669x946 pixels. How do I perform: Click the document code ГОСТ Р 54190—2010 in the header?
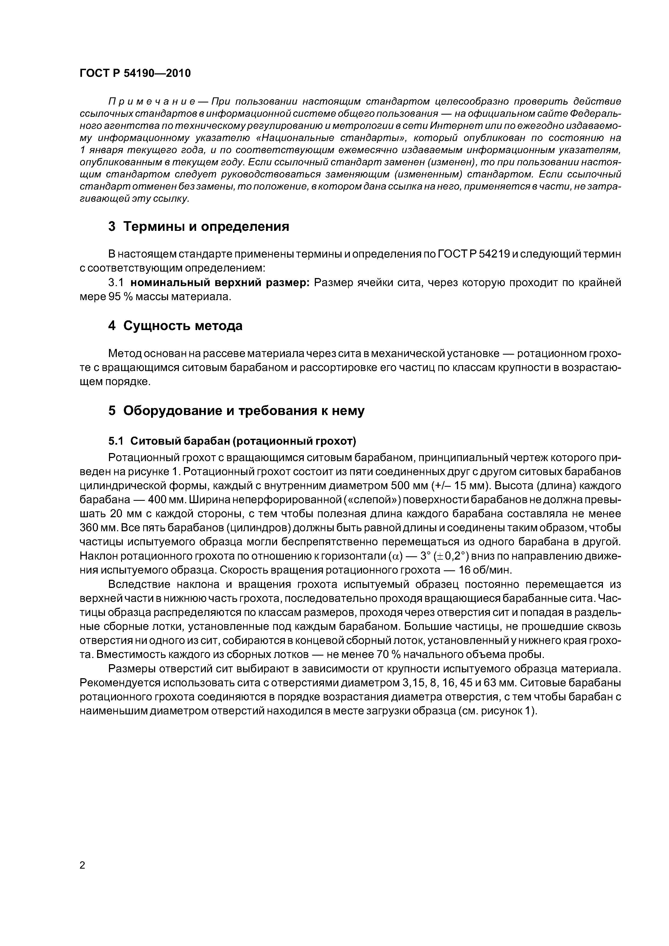coord(135,73)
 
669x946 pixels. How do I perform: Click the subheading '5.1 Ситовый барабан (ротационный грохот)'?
coord(232,441)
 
